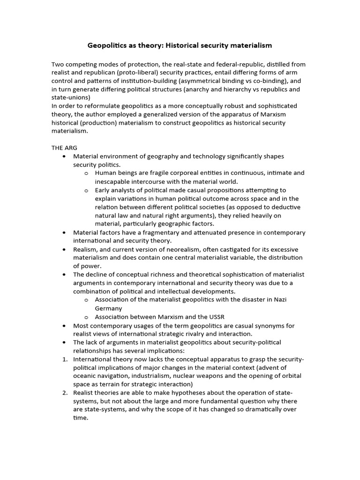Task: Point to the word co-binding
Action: click(x=265, y=81)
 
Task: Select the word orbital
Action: click(x=290, y=376)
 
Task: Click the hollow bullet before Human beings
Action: click(x=86, y=173)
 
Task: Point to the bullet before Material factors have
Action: click(x=63, y=232)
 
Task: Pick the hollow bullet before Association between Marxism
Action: click(x=86, y=317)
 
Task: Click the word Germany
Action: click(x=108, y=308)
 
